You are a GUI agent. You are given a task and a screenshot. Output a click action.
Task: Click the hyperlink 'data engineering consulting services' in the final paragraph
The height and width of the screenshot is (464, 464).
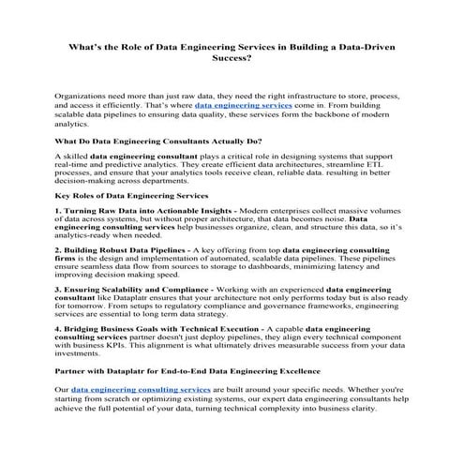[141, 388]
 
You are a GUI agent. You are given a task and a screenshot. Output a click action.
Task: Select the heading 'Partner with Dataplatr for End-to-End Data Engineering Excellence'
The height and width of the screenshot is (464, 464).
[189, 372]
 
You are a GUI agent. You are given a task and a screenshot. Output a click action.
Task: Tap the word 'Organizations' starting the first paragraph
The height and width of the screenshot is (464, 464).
[82, 97]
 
